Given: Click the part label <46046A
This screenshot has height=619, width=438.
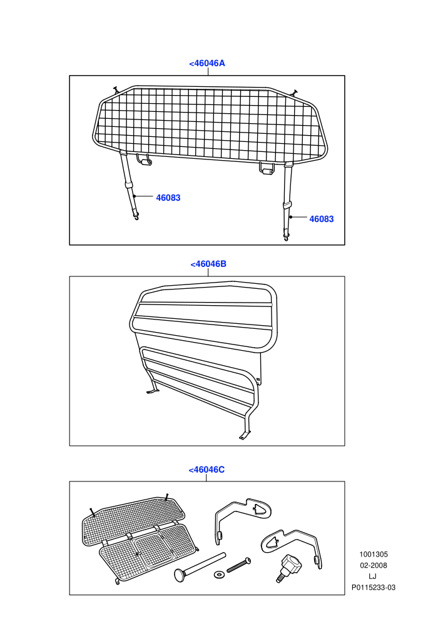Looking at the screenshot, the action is (x=207, y=63).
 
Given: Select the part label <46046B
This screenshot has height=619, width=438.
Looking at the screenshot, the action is (x=208, y=264).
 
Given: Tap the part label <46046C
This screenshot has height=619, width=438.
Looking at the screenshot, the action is (x=206, y=470).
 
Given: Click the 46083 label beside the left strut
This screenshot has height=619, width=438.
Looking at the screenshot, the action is (x=168, y=198).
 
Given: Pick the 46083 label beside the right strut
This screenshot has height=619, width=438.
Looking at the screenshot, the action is (x=322, y=219).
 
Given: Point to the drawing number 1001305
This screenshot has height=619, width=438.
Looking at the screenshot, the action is (x=374, y=554).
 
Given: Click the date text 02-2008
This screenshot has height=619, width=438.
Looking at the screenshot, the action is (x=374, y=565).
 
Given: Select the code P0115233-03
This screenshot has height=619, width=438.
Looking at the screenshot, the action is (x=374, y=587).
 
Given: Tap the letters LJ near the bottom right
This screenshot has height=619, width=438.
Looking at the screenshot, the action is (x=372, y=576).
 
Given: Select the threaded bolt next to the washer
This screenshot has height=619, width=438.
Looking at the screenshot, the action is (x=238, y=565).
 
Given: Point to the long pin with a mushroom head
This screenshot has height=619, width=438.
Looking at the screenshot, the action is (x=200, y=566).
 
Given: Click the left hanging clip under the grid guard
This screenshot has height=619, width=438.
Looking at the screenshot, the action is (x=144, y=159).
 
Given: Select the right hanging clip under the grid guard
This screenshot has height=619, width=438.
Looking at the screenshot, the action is (x=267, y=169).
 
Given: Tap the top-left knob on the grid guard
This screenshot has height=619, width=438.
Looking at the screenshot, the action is (x=116, y=89).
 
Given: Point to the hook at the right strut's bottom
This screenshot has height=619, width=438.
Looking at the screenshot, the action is (x=286, y=238).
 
